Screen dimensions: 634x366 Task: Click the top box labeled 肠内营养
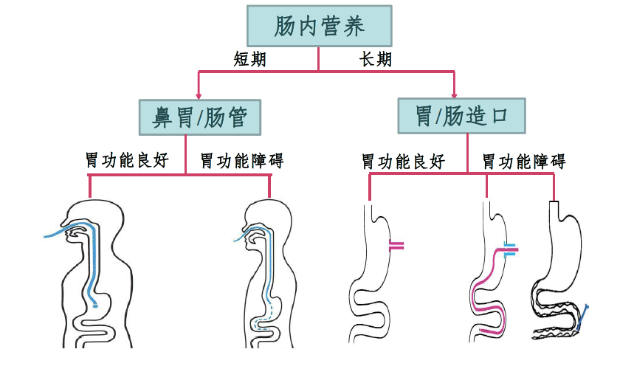tap(319, 26)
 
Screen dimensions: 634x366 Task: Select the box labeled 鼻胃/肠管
tap(200, 117)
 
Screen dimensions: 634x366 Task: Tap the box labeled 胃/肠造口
tap(462, 116)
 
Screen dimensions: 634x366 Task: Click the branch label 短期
tap(250, 60)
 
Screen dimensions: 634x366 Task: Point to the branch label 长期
tap(376, 60)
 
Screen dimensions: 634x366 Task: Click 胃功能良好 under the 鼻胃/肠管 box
tap(127, 160)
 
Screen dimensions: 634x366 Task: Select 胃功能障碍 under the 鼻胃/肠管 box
tap(242, 161)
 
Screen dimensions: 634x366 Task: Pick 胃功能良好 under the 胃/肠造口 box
tap(403, 162)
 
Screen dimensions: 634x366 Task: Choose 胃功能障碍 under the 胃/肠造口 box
tap(524, 162)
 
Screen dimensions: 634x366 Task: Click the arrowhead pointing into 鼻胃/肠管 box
tap(199, 96)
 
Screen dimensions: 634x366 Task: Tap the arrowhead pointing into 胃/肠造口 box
tap(454, 95)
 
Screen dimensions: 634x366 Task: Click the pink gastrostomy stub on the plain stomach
tap(396, 246)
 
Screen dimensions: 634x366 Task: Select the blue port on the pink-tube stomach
tap(510, 249)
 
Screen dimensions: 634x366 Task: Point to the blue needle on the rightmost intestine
tap(583, 317)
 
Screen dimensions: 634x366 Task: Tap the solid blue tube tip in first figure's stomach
tap(95, 305)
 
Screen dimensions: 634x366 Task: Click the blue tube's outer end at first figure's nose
tap(45, 237)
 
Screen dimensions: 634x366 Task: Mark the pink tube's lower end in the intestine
tap(481, 331)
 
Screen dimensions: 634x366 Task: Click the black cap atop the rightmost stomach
tap(554, 201)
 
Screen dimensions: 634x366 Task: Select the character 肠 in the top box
tap(284, 26)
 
